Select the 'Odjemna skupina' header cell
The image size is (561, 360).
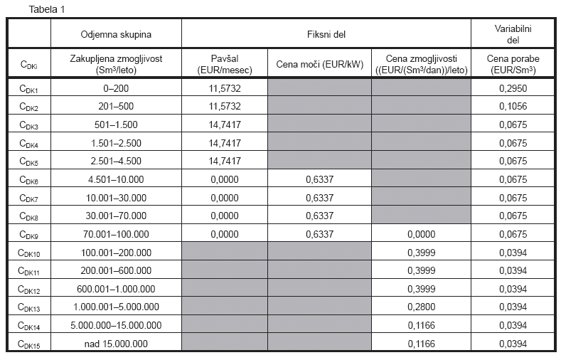click(x=116, y=33)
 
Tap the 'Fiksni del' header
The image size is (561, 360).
click(x=326, y=33)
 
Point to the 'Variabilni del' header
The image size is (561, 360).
click(x=514, y=33)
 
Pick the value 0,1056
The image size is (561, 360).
click(x=514, y=106)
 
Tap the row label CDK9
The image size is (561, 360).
click(x=29, y=233)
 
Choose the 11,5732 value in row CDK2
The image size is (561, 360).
click(x=224, y=106)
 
